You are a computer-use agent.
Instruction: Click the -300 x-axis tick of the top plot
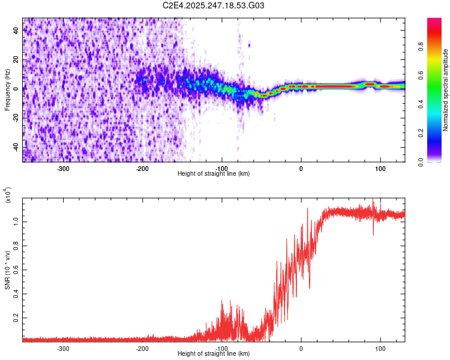tap(64, 169)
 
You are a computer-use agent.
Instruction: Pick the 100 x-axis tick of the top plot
tap(380, 169)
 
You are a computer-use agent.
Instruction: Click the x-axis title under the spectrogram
tap(214, 174)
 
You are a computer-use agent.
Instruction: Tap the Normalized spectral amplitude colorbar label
tap(446, 90)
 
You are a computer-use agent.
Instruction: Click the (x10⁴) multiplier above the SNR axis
tap(8, 195)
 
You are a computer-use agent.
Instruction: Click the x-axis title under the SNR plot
tap(214, 354)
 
